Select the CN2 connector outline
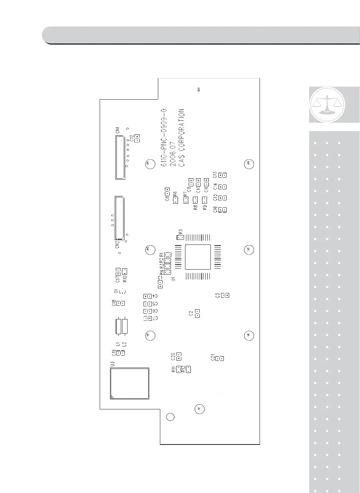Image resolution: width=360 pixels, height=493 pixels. pos(119,218)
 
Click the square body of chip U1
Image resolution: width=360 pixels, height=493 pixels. pos(198,257)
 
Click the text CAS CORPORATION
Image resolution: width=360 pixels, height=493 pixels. pos(181,138)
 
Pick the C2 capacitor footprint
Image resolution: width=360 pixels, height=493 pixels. pos(197,313)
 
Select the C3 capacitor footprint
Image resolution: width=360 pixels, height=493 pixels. pos(226,295)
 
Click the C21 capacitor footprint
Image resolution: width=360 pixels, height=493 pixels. pos(219,359)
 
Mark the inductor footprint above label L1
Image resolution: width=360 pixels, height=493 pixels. pos(118,326)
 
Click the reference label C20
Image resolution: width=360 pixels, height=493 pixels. pos(173,357)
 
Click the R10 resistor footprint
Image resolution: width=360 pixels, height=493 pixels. pos(125,270)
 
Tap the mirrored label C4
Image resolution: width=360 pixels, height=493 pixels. pos(155,296)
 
